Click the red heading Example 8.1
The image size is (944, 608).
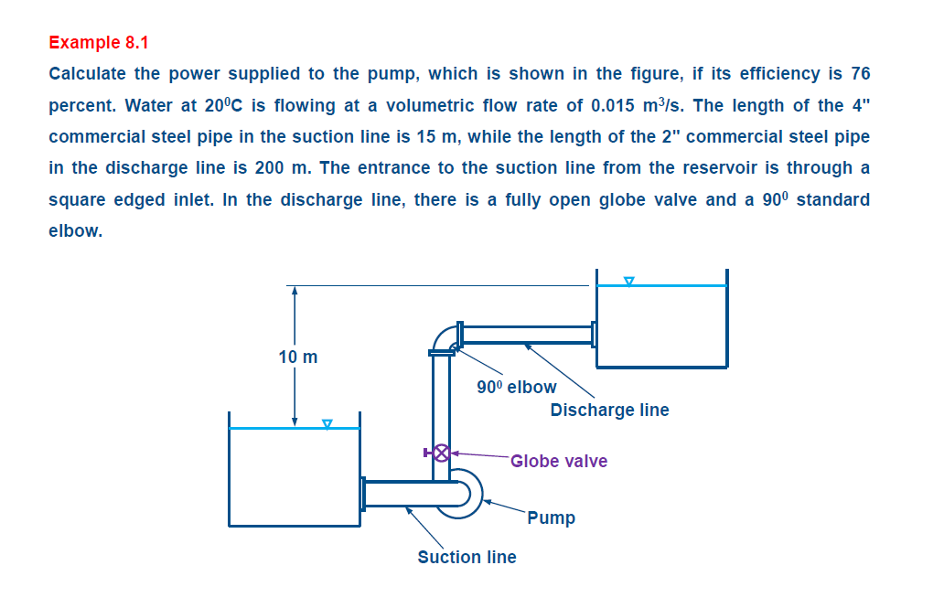point(98,42)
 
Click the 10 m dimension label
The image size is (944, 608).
point(298,357)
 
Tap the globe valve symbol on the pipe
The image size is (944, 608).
point(441,452)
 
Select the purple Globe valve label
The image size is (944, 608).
point(558,461)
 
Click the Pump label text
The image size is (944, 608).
point(551,517)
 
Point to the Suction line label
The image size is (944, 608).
point(467,557)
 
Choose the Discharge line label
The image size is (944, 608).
point(609,410)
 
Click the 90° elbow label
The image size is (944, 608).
point(516,387)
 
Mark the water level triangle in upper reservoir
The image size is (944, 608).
point(628,281)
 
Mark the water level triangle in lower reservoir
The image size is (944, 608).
point(327,423)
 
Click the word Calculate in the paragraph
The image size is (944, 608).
point(88,73)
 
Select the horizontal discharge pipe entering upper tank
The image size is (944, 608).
point(526,334)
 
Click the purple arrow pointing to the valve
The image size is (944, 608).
point(479,453)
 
